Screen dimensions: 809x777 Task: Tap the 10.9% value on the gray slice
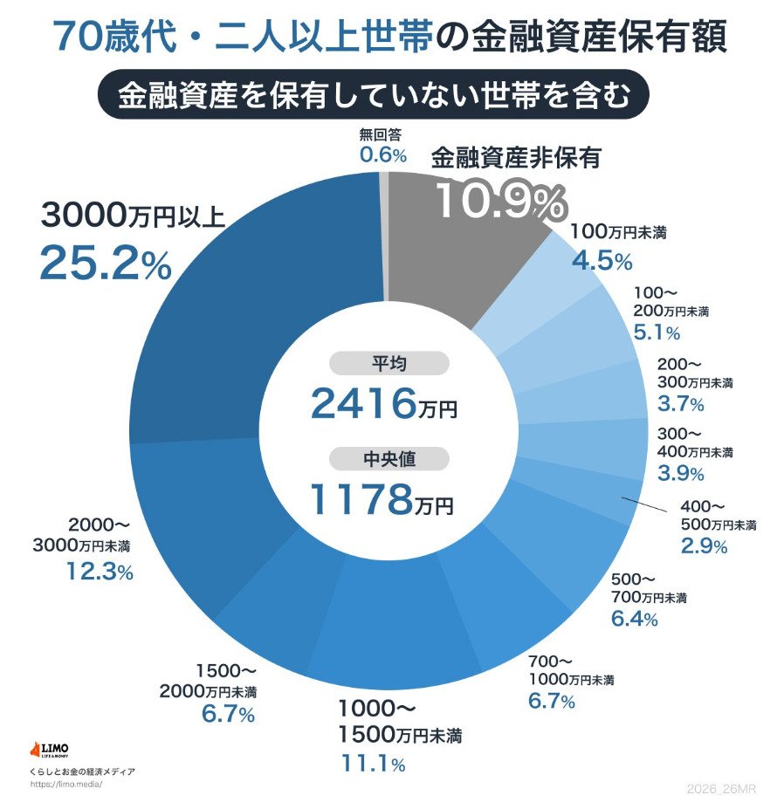coord(499,202)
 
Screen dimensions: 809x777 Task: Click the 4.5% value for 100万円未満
coord(602,260)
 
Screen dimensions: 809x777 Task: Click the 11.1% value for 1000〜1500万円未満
coord(373,764)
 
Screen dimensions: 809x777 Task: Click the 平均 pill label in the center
coord(388,363)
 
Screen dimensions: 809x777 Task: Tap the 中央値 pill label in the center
coord(388,458)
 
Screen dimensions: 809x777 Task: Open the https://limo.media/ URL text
coord(66,784)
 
